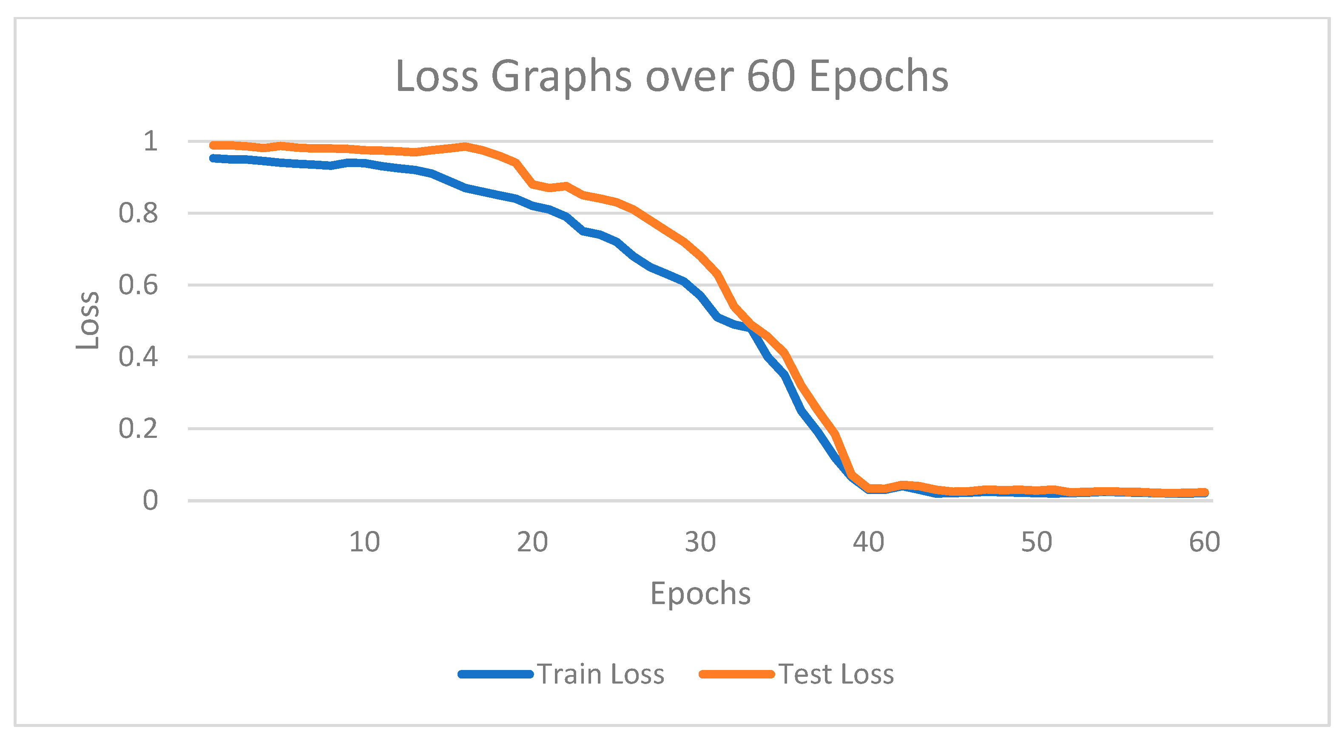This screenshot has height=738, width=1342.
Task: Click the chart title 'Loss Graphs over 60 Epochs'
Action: point(671,77)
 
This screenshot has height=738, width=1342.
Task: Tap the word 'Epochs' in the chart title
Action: point(879,77)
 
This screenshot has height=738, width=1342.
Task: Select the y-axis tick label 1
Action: point(150,141)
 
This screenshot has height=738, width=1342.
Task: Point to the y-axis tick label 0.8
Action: point(138,213)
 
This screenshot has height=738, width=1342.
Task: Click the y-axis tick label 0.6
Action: point(138,285)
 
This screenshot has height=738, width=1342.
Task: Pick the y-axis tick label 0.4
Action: point(138,357)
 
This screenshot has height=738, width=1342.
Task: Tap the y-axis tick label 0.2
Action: point(138,429)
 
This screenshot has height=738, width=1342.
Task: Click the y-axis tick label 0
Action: point(150,500)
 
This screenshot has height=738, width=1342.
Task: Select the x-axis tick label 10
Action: point(364,542)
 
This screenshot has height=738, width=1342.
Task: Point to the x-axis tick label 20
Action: point(532,542)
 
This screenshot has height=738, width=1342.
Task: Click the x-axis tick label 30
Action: point(700,542)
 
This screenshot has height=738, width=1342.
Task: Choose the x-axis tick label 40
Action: point(868,542)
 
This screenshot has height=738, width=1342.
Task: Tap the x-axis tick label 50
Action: point(1036,542)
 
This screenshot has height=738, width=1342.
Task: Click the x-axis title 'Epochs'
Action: point(700,593)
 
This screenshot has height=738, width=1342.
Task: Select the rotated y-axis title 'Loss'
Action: point(88,320)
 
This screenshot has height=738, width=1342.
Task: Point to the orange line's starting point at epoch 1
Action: point(213,145)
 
